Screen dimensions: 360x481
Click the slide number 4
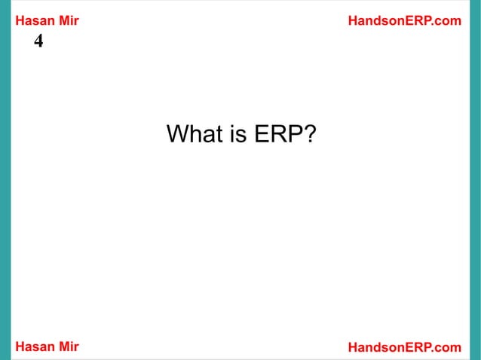(38, 41)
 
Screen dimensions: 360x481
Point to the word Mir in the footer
(68, 346)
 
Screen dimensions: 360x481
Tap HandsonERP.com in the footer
(404, 346)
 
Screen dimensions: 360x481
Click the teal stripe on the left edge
(5, 180)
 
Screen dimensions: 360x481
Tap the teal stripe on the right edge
(475, 180)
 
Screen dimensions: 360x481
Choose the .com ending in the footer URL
(447, 346)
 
